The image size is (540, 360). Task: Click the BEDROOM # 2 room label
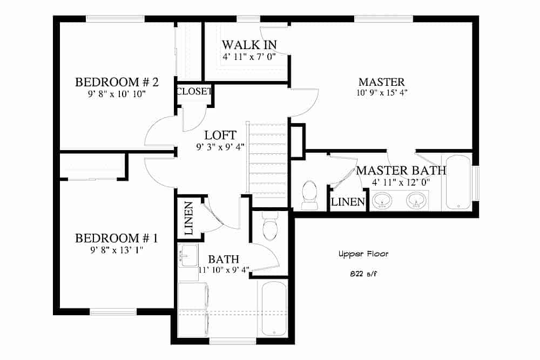[117, 82]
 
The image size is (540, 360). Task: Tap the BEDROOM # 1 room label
[117, 238]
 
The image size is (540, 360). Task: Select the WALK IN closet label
[249, 45]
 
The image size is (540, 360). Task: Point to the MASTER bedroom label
[382, 82]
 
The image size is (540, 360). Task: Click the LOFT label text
[220, 135]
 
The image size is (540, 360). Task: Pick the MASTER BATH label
[401, 171]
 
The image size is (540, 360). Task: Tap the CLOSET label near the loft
[194, 91]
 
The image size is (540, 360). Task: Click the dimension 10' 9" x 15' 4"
[382, 93]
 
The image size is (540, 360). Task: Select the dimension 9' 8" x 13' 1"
[117, 249]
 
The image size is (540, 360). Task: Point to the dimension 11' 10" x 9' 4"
[224, 270]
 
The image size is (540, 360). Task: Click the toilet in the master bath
[309, 195]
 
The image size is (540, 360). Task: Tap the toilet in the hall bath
[270, 226]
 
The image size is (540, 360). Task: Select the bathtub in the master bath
[458, 182]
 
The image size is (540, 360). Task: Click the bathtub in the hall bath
[274, 309]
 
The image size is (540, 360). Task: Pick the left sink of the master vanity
[383, 200]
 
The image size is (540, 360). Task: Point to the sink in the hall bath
[188, 256]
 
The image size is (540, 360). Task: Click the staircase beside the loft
[267, 165]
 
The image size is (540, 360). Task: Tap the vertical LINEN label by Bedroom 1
[188, 218]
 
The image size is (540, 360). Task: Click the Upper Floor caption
[363, 254]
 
